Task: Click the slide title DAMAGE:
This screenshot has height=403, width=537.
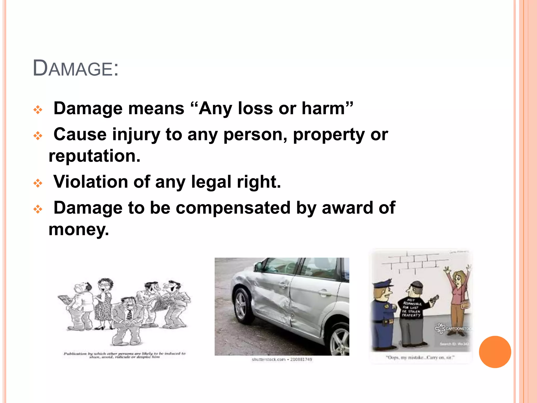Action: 76,68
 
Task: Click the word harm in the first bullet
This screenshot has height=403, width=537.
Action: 323,108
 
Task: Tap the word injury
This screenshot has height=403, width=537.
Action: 136,134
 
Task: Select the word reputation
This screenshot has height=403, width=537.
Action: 94,156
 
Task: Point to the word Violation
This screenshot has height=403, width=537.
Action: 91,182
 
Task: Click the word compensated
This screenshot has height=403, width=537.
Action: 233,208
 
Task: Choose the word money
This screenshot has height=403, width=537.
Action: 79,229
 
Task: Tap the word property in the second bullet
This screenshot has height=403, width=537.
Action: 329,134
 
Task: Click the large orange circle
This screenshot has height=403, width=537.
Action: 495,352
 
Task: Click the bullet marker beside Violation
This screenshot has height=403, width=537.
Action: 38,183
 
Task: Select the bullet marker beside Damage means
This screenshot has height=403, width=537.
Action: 38,110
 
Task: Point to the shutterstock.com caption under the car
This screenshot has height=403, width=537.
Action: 282,359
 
